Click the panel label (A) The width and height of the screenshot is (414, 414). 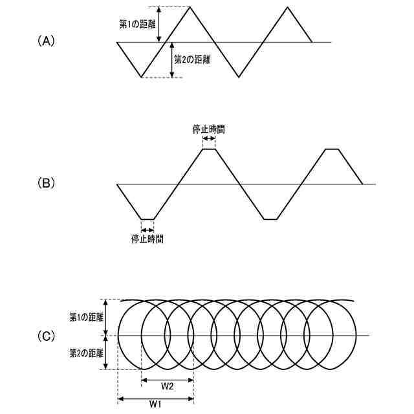tap(47, 41)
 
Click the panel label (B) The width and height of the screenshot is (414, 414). tap(47, 183)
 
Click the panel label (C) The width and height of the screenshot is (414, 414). tap(47, 336)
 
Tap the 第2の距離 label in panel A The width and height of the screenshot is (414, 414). tap(193, 58)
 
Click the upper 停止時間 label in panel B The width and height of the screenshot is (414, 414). tap(209, 129)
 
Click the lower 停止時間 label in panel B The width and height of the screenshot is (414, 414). tap(147, 239)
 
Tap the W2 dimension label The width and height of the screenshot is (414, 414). tap(167, 386)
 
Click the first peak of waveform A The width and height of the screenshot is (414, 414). tap(190, 7)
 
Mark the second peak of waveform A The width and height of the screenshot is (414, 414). tap(289, 7)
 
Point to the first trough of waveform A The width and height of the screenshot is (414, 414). tap(141, 77)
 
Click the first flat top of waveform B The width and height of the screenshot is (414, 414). tap(209, 149)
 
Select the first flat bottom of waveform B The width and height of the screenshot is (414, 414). tap(147, 219)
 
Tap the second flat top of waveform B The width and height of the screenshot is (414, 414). tap(332, 149)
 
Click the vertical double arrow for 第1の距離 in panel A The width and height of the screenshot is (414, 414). tap(159, 25)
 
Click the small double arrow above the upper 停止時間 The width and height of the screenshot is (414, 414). tap(209, 138)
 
